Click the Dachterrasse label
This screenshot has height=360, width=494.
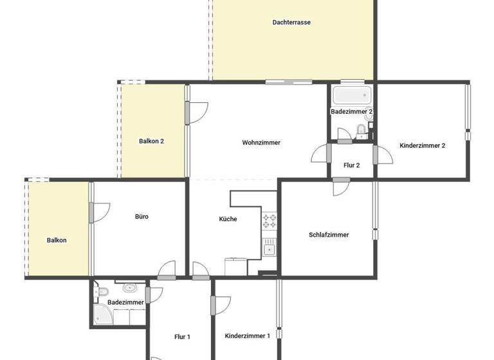(291, 22)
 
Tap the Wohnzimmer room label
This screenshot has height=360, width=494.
(261, 143)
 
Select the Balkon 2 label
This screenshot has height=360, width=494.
(152, 141)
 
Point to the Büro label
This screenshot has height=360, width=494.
(142, 217)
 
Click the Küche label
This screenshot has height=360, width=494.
(228, 219)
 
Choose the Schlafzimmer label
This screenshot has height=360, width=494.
(329, 235)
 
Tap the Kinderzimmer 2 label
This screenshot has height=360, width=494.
(423, 145)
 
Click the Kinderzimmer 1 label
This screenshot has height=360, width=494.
(247, 336)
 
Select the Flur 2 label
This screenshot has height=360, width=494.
(352, 165)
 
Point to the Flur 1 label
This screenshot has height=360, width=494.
(182, 337)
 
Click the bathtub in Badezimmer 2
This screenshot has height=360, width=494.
(351, 96)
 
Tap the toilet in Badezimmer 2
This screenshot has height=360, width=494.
(361, 131)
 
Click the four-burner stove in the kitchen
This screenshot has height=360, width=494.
(270, 221)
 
